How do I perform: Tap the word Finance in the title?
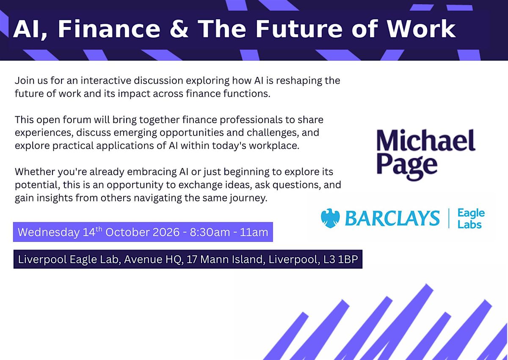(109, 28)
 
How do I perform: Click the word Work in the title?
(421, 28)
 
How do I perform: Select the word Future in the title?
(299, 28)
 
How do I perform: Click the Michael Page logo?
(426, 154)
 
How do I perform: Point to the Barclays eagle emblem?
(330, 218)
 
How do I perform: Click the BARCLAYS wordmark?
(392, 218)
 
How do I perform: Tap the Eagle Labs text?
(471, 218)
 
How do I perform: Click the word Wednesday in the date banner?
(49, 232)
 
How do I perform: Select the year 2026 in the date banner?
(166, 232)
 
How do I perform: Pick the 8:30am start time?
(210, 232)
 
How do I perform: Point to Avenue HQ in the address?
(154, 260)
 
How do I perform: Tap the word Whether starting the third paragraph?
(35, 172)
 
